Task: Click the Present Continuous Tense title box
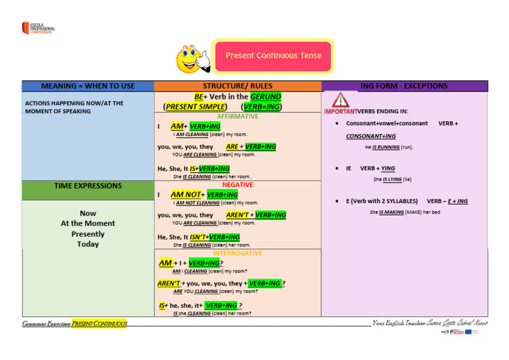273,56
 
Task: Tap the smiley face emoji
189,59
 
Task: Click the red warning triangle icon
340,100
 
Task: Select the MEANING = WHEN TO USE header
87,86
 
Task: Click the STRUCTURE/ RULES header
237,86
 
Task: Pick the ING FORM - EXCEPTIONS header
404,86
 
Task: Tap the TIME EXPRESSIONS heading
87,186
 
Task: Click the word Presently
87,234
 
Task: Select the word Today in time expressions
87,244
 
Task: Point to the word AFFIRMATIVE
237,117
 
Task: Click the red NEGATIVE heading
237,185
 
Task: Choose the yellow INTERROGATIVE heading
237,253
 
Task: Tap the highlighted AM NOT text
186,195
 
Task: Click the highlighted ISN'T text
198,237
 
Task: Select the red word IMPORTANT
340,111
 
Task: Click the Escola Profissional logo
38,29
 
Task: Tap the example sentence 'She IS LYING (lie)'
392,179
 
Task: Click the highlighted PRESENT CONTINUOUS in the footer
99,324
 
